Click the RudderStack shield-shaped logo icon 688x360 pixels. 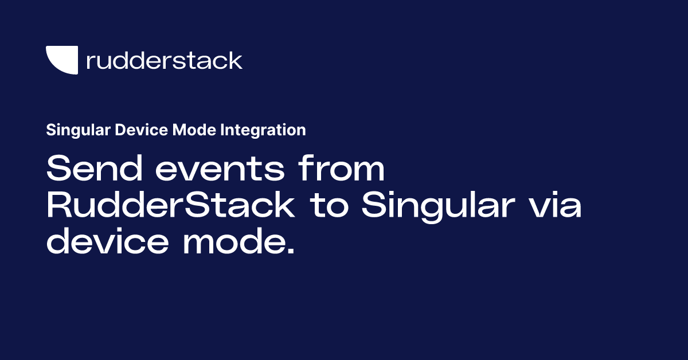[61, 60]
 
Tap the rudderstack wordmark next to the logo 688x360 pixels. [164, 60]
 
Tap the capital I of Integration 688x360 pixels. [221, 131]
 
